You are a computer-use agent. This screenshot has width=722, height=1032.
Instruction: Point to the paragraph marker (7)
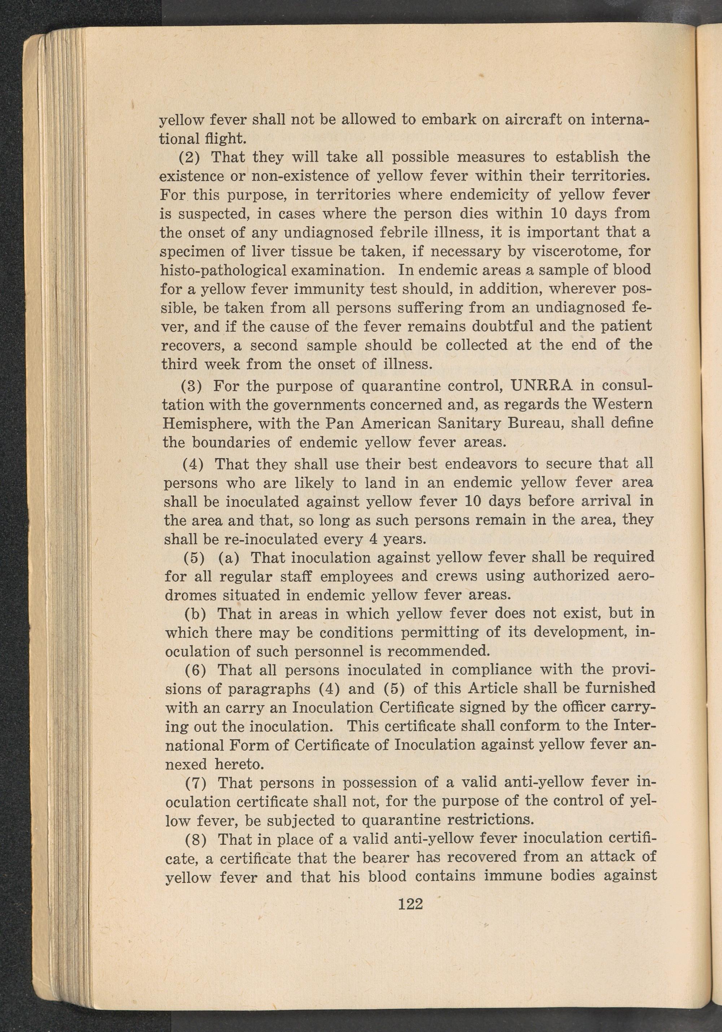pyautogui.click(x=195, y=782)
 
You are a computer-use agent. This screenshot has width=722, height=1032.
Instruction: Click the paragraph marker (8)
pyautogui.click(x=195, y=839)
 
